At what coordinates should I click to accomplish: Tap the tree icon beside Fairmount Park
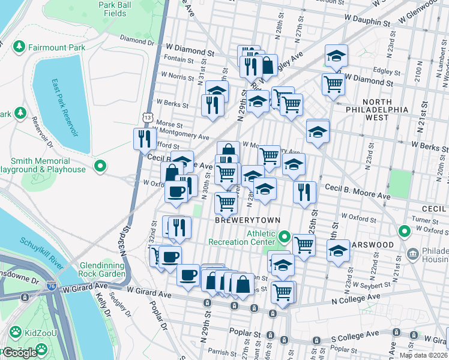pyautogui.click(x=19, y=46)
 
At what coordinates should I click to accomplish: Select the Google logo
pyautogui.click(x=20, y=353)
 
